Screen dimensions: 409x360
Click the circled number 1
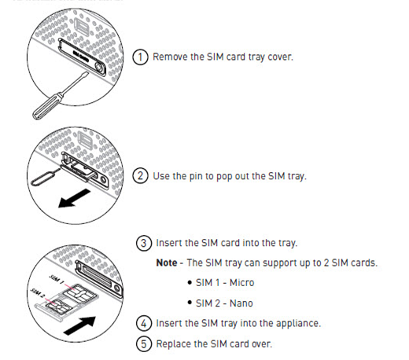140,57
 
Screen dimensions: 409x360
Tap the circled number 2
140,175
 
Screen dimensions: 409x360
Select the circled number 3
144,243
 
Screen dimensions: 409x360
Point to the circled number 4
144,323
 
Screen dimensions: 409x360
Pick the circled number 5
144,343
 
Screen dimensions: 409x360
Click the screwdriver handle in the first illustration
48,105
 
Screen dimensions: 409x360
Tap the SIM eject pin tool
45,177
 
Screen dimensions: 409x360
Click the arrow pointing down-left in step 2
74,199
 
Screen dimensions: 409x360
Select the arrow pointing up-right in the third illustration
79,325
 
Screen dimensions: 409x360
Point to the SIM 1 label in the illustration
57,279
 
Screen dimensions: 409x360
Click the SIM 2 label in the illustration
38,292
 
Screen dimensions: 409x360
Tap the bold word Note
167,263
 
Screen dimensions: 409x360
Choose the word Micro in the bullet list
242,283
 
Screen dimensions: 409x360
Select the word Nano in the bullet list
241,303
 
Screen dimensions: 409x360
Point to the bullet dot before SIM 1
190,283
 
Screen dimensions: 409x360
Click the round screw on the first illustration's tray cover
99,68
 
